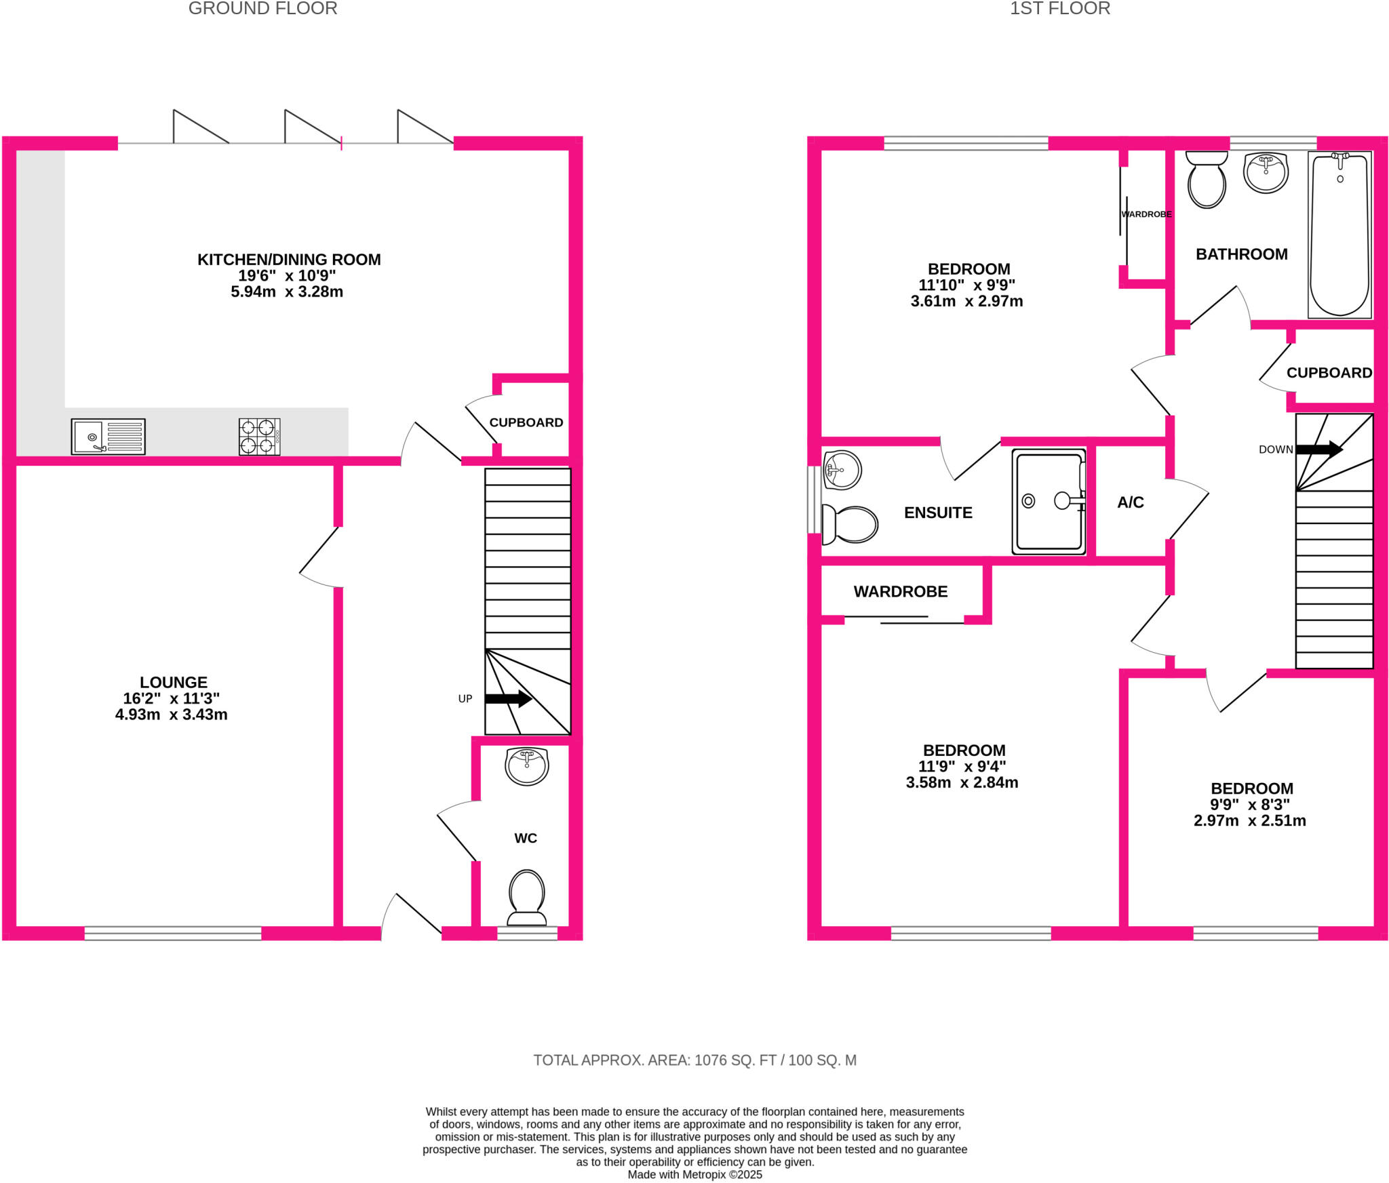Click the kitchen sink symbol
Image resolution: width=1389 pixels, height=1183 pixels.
108,436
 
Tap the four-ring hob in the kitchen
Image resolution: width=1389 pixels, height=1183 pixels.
259,436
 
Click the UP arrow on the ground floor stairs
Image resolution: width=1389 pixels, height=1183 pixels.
508,698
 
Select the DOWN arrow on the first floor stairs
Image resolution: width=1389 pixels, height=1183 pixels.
1318,449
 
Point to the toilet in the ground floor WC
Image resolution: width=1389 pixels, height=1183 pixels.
527,896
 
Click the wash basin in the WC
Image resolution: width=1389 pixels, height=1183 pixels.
527,765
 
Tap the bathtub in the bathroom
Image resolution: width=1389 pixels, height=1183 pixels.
1339,234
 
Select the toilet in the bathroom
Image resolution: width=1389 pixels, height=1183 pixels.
1207,180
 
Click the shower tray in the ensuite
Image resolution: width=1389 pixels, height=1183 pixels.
1048,501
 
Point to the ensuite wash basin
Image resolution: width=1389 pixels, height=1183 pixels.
842,469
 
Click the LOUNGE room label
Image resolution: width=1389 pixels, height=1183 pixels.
174,682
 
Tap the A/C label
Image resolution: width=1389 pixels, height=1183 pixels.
1131,502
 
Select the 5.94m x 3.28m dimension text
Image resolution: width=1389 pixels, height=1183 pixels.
287,292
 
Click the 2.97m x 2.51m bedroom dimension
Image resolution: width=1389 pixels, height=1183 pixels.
1249,820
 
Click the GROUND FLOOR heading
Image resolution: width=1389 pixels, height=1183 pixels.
262,9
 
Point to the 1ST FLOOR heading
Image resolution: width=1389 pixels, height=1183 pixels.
1059,9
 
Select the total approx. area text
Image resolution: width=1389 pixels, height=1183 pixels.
694,1060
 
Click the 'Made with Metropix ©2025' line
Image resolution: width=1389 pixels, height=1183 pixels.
694,1174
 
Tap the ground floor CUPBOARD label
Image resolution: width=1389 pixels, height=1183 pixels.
526,422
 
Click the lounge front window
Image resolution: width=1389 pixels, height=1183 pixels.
172,933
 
